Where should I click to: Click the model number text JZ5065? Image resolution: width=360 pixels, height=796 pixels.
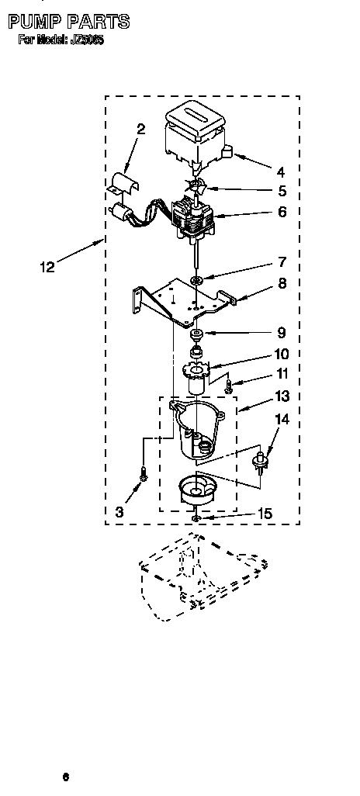88,40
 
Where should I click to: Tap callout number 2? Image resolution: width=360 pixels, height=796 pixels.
140,130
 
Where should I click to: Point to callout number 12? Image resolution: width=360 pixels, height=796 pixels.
47,268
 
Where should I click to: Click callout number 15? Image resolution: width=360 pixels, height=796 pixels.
264,513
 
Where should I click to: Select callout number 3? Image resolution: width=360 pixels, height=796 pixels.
119,512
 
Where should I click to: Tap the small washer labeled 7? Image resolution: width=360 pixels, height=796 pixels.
198,279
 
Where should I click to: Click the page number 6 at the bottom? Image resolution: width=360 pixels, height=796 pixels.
67,776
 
